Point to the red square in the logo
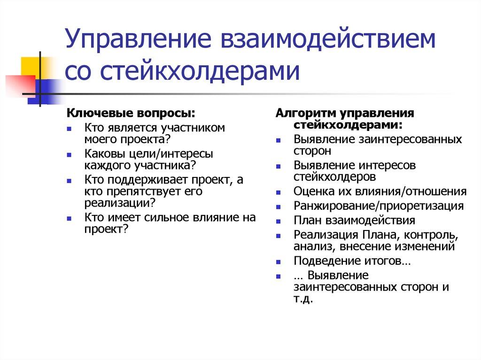tap(19, 85)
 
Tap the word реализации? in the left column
tap(120, 203)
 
